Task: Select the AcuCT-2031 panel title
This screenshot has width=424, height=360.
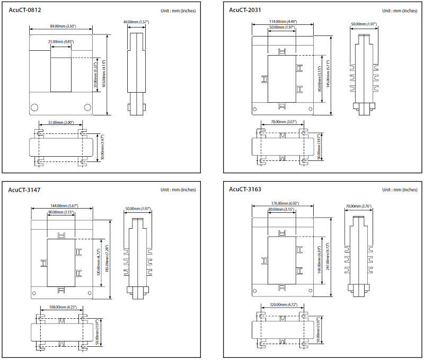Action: (245, 10)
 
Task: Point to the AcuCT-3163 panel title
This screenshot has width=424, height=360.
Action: (245, 189)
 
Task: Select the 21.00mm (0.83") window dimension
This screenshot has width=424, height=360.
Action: (61, 42)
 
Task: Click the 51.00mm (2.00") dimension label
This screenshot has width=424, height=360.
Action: (60, 122)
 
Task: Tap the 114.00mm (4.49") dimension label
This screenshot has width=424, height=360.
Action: (282, 22)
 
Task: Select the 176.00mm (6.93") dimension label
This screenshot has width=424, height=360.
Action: (282, 203)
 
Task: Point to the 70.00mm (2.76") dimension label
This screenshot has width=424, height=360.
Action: (359, 206)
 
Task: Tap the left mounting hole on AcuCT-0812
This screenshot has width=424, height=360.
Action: (35, 107)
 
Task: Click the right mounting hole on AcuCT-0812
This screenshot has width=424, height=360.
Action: (88, 107)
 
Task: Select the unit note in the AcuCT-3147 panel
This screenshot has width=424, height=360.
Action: (179, 190)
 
